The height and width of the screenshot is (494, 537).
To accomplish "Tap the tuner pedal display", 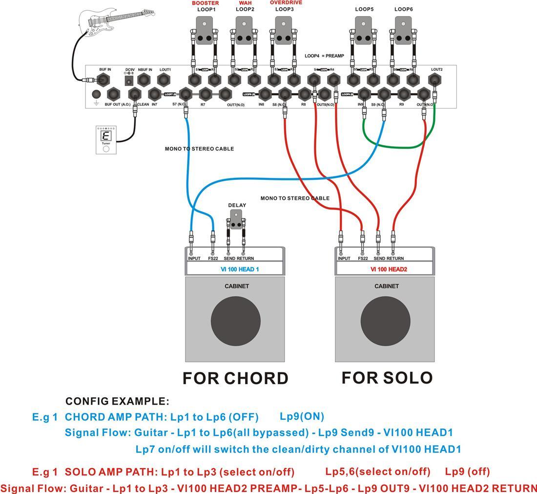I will [x=105, y=136].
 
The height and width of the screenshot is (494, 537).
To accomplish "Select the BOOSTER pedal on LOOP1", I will [x=205, y=31].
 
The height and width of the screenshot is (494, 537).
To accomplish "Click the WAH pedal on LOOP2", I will [x=245, y=31].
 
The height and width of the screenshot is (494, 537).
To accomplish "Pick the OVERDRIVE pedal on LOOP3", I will [x=284, y=31].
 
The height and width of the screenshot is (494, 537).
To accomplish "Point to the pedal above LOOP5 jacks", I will [x=363, y=31].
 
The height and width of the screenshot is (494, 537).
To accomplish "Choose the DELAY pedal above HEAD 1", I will [x=236, y=219].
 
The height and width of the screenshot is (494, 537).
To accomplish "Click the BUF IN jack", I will [x=105, y=80].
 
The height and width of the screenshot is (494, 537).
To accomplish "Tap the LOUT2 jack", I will [x=436, y=80].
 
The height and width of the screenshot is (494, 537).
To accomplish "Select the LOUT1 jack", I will [x=165, y=80].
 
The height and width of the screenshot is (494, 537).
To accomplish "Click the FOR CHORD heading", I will [x=235, y=378].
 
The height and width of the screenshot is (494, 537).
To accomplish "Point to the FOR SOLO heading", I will [x=387, y=378].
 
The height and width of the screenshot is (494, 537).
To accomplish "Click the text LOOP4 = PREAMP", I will [x=324, y=56].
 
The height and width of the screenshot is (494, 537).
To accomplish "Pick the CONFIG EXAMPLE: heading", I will [x=117, y=402].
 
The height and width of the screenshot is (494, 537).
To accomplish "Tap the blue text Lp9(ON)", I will [x=302, y=417].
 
